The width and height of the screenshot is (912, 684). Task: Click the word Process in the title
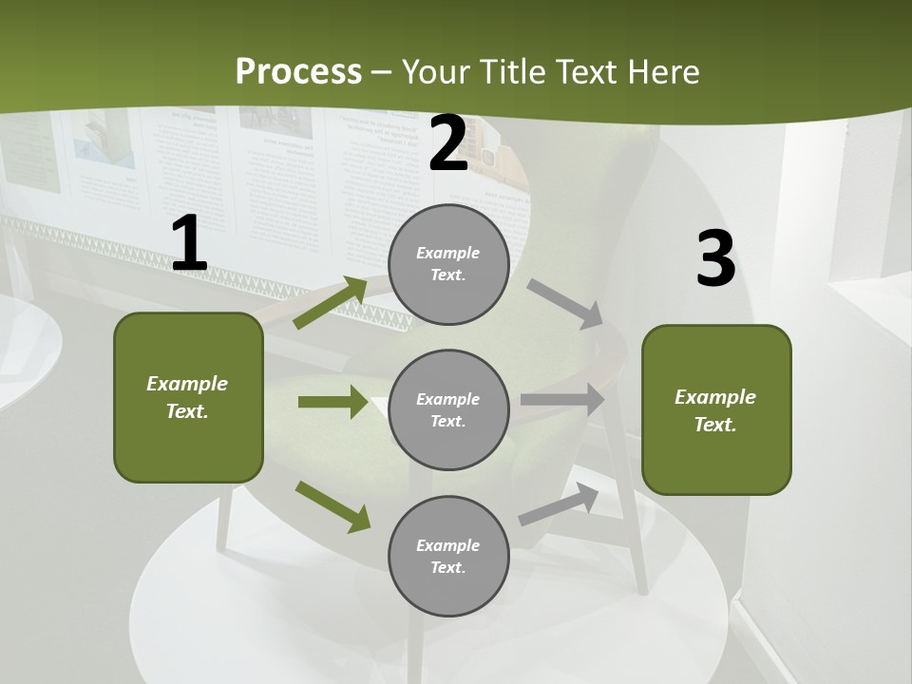point(298,71)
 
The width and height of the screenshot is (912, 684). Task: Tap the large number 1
point(189,244)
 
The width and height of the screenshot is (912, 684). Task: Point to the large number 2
point(448,143)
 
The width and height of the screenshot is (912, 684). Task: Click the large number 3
point(715,258)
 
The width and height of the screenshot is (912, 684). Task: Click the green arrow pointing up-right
point(331,303)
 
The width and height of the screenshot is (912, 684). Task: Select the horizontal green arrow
point(332,402)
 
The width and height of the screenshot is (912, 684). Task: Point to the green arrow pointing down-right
point(332,506)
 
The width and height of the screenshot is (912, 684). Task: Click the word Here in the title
point(661,71)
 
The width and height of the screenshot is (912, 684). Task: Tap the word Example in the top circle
point(447,253)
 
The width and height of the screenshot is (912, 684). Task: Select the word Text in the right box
point(714,425)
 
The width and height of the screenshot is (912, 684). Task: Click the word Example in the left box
point(187,384)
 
